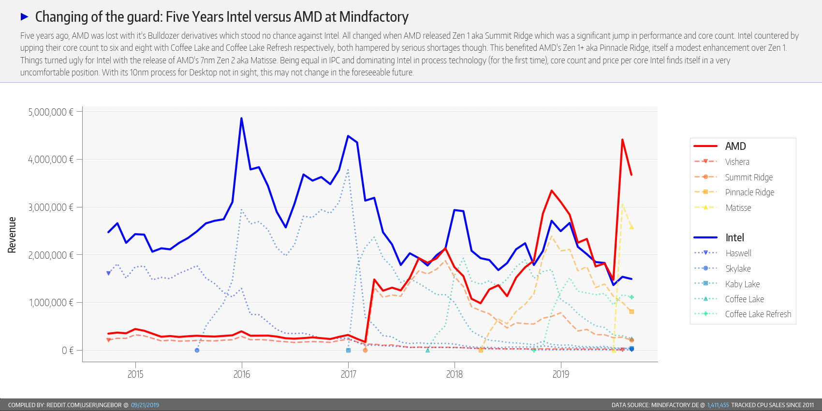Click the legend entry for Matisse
click(738, 208)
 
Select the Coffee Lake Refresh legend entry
click(758, 314)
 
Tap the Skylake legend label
click(738, 269)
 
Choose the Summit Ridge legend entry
click(749, 177)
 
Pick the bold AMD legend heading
click(735, 147)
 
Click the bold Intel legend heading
click(734, 238)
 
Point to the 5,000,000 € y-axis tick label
click(51, 112)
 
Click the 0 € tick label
click(68, 351)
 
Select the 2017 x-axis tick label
click(348, 374)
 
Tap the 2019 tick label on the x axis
click(561, 374)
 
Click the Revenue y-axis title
click(12, 235)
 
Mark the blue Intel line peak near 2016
click(241, 118)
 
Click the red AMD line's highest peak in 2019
click(622, 140)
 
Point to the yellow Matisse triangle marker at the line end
click(631, 227)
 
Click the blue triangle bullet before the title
click(25, 17)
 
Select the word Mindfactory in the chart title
click(374, 17)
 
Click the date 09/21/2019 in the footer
click(145, 405)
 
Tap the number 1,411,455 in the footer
click(718, 405)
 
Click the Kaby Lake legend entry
click(742, 284)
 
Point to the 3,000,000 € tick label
click(51, 207)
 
